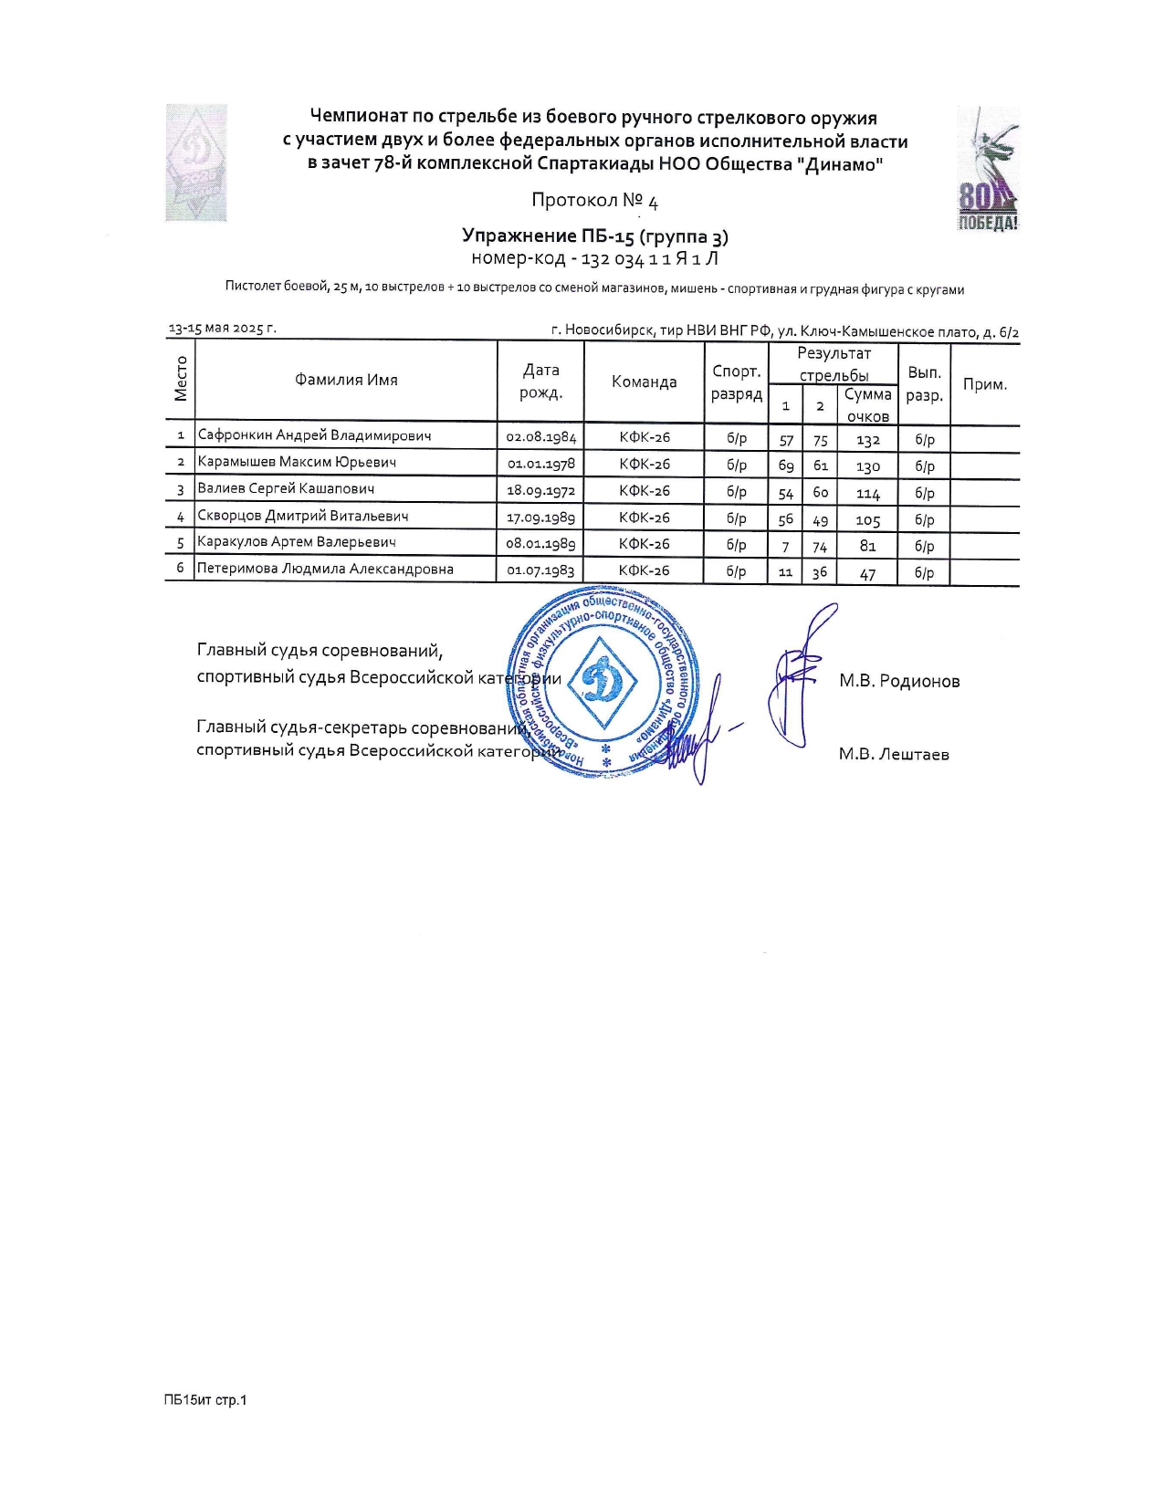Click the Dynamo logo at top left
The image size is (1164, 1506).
195,162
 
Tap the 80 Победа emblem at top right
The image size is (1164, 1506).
987,170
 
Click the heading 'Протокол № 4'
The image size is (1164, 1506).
594,201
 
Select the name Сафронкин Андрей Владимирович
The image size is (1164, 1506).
314,435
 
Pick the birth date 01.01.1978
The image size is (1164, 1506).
541,464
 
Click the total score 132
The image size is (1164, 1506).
867,440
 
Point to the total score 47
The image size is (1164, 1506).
867,573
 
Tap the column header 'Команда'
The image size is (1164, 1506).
644,382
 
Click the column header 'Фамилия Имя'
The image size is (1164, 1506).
346,380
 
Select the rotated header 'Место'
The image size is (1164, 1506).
181,379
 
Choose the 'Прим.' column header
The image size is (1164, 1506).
984,384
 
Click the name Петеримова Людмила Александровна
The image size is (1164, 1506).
325,569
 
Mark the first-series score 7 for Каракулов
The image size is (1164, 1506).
785,547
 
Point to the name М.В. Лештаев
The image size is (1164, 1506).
894,754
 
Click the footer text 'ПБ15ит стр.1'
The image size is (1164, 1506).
205,1400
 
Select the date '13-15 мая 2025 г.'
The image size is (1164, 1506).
222,329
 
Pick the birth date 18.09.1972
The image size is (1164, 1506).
541,490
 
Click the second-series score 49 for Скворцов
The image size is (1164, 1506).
820,520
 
